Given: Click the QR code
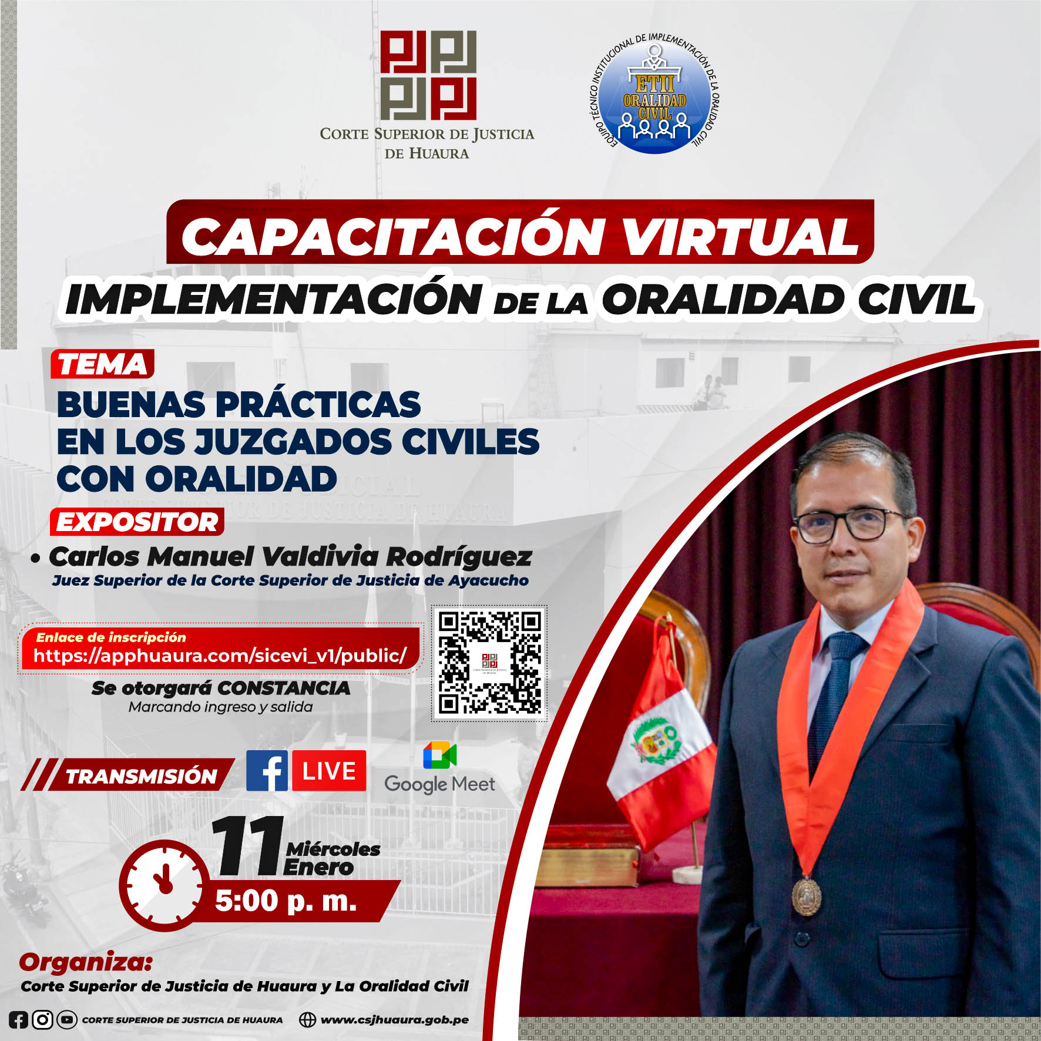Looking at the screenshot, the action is (490, 663).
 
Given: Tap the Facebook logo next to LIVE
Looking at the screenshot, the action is (267, 770).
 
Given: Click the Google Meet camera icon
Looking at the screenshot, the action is (439, 755).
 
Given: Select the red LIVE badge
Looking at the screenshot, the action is (329, 770).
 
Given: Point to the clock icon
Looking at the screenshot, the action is (165, 885).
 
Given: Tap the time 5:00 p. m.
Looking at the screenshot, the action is (286, 901).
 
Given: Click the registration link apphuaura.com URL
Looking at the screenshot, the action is (220, 656).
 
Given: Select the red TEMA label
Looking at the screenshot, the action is (103, 364).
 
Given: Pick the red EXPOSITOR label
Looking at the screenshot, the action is (137, 522).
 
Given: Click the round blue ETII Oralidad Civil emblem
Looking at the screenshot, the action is (655, 94).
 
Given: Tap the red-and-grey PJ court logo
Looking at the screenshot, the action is (428, 75).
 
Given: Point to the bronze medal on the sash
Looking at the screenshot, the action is (806, 896).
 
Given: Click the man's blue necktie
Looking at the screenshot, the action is (834, 705).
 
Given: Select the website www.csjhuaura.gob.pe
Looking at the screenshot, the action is (394, 1019).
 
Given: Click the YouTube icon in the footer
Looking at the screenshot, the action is (67, 1020).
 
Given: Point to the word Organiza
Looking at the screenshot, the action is (86, 964).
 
